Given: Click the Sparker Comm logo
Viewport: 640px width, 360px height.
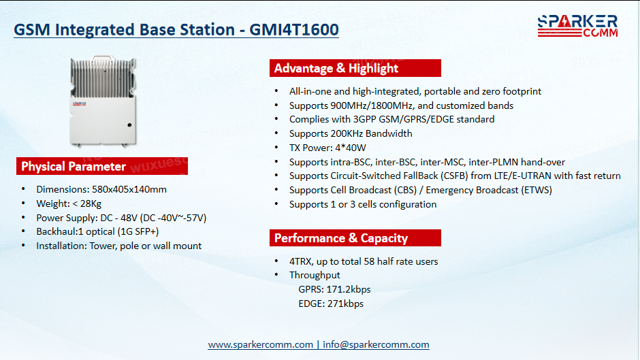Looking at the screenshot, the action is (577, 26).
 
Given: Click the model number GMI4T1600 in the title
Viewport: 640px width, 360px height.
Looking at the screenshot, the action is (294, 30).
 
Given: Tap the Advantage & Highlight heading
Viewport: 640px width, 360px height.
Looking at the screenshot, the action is (336, 68).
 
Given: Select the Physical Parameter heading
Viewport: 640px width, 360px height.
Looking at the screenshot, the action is (74, 167).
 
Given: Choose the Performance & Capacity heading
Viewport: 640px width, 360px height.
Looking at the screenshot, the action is (341, 238).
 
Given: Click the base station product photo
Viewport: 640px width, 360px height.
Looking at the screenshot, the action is (102, 101).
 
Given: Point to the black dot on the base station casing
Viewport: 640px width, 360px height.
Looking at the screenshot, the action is (129, 125).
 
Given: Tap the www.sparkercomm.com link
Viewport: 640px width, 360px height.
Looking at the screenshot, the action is (260, 344).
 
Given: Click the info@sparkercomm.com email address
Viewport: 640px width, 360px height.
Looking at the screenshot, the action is (376, 344).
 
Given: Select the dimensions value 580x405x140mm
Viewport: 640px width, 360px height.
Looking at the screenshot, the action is (129, 189).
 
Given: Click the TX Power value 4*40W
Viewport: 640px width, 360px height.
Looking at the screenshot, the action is (351, 148).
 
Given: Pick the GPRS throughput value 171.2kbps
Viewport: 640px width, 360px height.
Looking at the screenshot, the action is (349, 289).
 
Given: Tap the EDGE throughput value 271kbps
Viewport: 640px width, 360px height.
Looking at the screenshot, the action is (345, 304).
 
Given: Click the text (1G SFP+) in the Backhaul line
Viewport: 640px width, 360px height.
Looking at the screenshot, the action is (138, 232).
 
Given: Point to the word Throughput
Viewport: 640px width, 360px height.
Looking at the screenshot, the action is (315, 276).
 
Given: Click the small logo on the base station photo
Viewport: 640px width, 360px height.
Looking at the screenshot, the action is (80, 103).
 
